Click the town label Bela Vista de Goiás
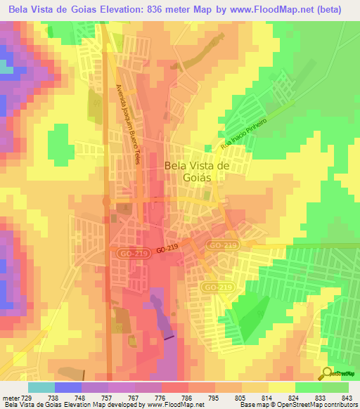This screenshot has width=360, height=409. click(197, 171)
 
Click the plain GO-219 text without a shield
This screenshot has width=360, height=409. click(167, 249)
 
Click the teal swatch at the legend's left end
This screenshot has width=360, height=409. click(41, 387)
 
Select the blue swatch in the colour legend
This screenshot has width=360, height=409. click(67, 387)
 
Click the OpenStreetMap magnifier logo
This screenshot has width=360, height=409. click(326, 372)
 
